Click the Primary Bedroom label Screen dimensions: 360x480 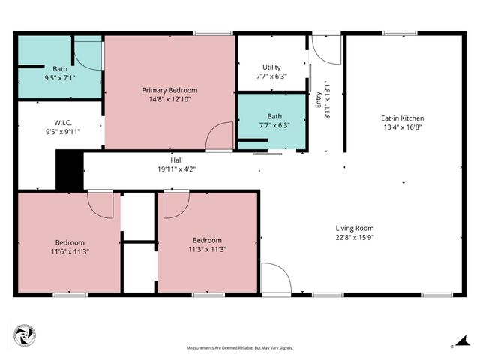169,89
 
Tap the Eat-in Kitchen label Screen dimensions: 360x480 403,118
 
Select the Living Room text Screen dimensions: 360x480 354,228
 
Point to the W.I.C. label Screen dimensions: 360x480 62,122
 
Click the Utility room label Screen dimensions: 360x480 271,67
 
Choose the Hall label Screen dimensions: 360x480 176,160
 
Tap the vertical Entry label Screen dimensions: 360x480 318,100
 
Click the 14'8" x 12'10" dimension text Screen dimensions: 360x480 169,99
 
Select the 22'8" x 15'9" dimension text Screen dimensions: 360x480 354,238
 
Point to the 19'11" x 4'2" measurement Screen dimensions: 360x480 176,169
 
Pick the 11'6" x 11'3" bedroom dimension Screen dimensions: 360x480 69,252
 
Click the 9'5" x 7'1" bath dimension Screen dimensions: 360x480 59,77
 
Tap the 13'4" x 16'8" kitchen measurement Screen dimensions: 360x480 403,127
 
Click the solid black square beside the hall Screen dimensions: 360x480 70,170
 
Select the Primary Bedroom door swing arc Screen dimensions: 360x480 220,136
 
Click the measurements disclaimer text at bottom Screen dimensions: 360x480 240,348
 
